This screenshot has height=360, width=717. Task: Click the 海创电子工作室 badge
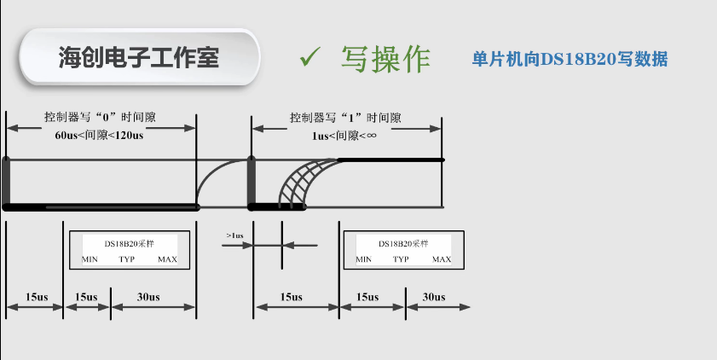[x=138, y=57]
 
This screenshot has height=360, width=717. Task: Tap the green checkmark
[x=309, y=57]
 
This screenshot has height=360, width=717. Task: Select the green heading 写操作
[x=385, y=58]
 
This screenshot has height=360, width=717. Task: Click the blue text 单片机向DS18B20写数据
[x=570, y=59]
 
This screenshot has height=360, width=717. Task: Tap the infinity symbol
[x=371, y=136]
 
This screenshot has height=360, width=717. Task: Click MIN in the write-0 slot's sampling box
[x=90, y=259]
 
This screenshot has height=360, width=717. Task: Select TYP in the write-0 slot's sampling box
[x=127, y=259]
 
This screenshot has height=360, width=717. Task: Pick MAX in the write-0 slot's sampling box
[x=167, y=259]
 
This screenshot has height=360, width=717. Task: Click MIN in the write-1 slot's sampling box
[x=363, y=259]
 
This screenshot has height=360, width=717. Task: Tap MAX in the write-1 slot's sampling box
[x=441, y=259]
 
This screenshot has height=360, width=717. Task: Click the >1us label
[x=235, y=235]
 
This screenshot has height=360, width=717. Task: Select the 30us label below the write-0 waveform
[x=148, y=297]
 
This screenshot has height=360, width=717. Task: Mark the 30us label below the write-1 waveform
[x=434, y=297]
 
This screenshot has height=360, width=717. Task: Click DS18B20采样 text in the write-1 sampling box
[x=402, y=243]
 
